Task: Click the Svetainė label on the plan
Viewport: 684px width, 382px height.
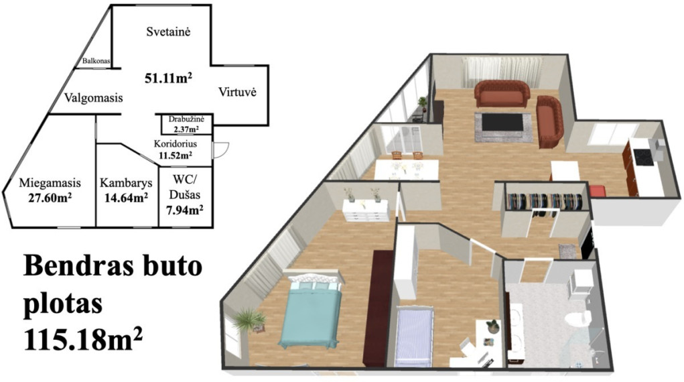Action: [168, 32]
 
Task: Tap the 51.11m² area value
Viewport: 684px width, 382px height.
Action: [168, 78]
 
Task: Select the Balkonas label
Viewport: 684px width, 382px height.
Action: [96, 61]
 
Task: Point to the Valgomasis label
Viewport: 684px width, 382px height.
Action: [93, 98]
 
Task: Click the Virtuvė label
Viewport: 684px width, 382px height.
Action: [237, 92]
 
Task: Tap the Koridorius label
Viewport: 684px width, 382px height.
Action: [176, 143]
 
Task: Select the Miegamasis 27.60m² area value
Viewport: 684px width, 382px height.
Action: [50, 198]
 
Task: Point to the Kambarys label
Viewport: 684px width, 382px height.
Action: [126, 182]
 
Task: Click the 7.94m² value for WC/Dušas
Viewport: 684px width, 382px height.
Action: [184, 210]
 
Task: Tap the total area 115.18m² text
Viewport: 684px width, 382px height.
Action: [83, 340]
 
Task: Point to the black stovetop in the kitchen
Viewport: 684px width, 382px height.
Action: [642, 157]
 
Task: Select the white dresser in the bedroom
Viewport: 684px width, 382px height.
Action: [366, 210]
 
